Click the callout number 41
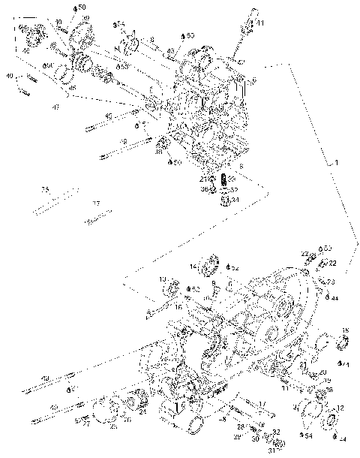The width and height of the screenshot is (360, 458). [260, 25]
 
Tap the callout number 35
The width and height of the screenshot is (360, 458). [45, 188]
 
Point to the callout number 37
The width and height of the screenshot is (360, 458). [96, 203]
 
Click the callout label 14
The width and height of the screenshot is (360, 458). [193, 266]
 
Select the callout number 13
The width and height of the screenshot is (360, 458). [162, 280]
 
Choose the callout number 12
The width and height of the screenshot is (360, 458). [341, 408]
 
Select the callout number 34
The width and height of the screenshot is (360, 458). [235, 200]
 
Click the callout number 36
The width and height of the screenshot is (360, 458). [204, 189]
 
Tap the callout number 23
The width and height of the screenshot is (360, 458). [331, 281]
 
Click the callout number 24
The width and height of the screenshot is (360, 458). [142, 412]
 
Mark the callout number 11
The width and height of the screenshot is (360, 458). [285, 388]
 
